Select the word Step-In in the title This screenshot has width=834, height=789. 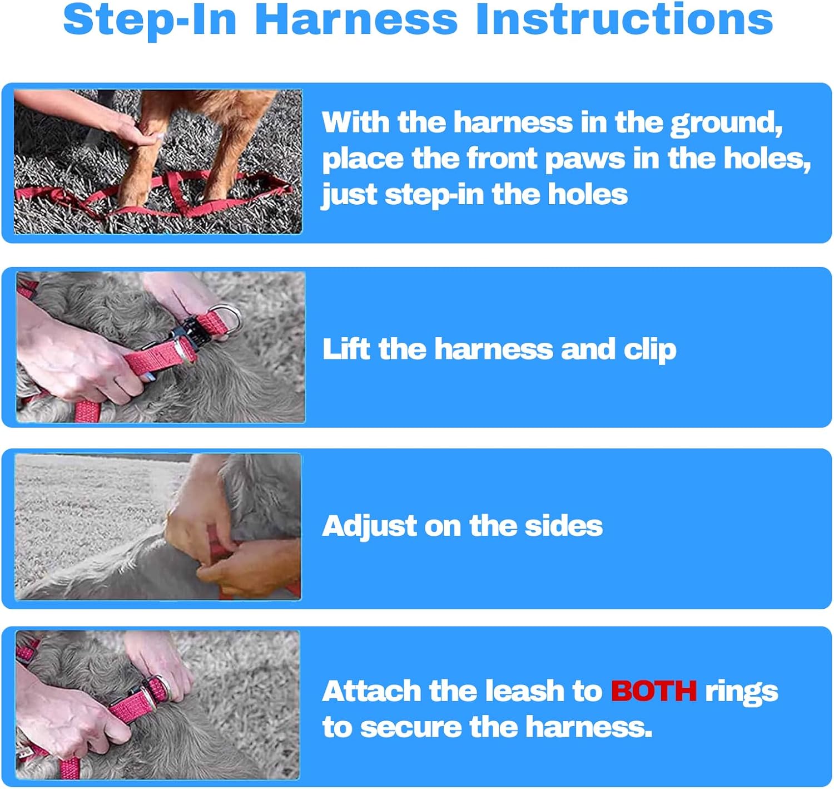[x=150, y=21]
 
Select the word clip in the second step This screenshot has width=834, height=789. [x=650, y=351]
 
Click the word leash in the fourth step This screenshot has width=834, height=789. [x=524, y=691]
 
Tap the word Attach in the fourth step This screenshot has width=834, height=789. [x=371, y=691]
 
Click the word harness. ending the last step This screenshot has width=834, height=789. [x=589, y=727]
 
